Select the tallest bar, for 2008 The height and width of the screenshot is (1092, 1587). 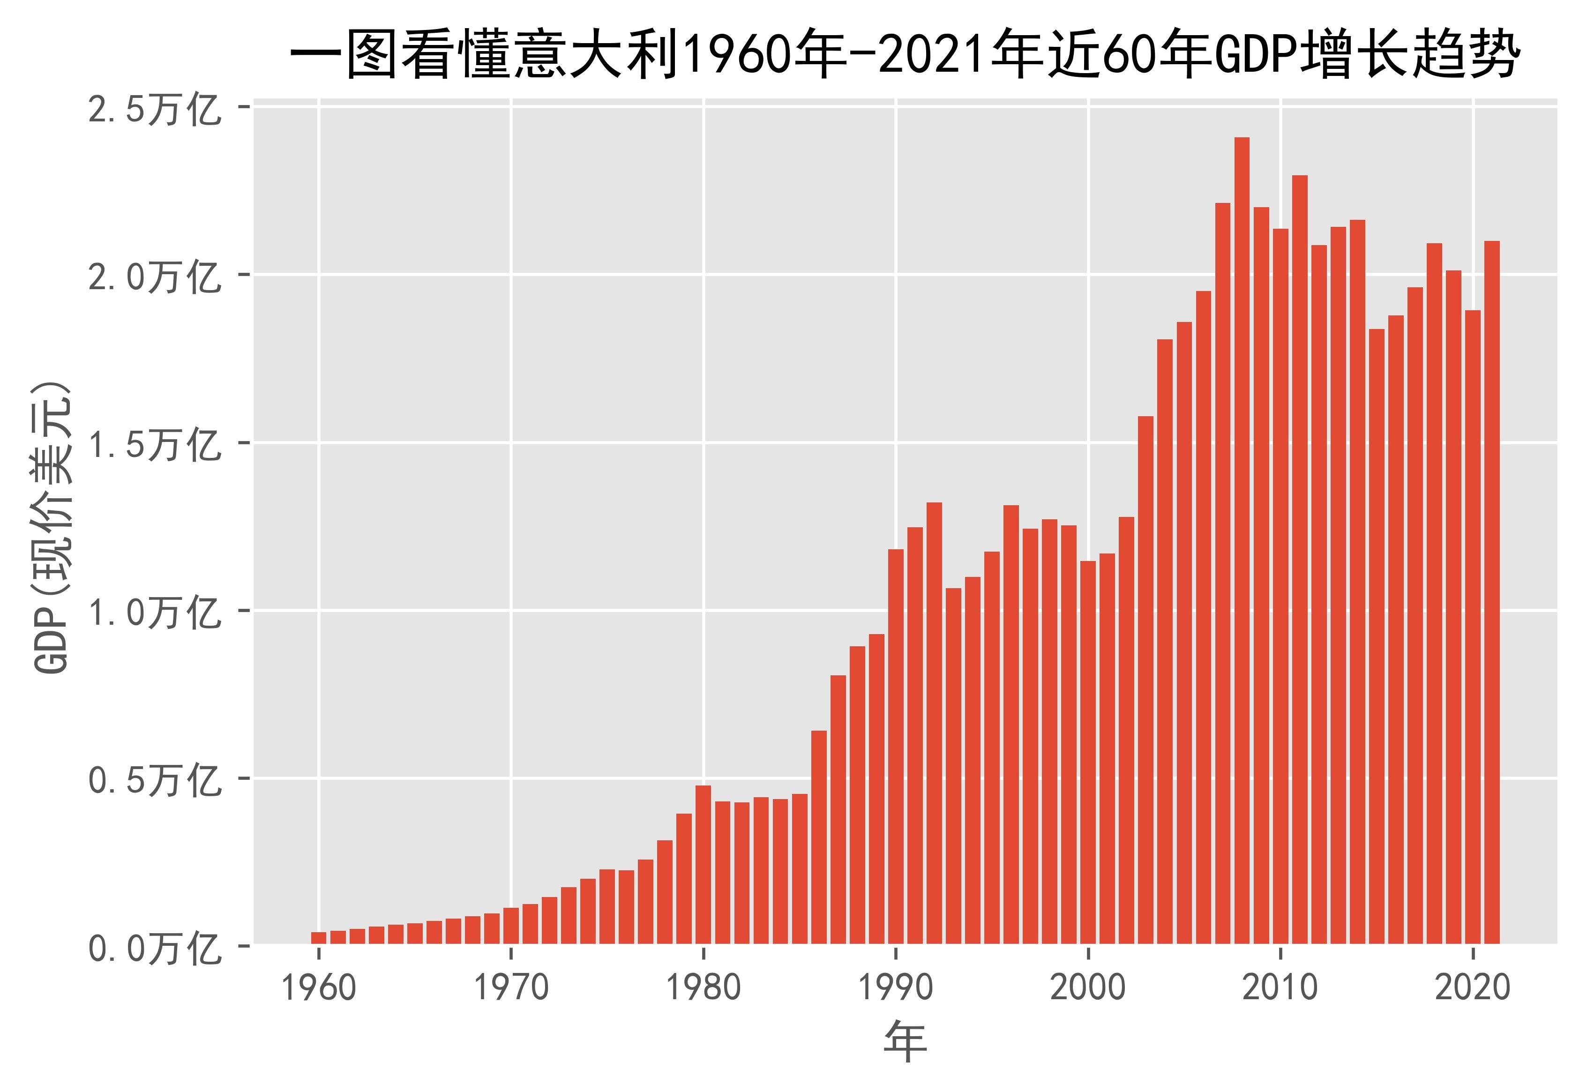click(x=1242, y=540)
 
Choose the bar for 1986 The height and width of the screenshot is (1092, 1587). click(x=819, y=838)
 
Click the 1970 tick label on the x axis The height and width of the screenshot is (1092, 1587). click(x=512, y=988)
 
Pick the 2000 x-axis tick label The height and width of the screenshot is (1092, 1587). click(x=1088, y=988)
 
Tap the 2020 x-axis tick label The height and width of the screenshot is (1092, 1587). click(x=1473, y=988)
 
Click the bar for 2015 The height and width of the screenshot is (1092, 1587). click(x=1376, y=636)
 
